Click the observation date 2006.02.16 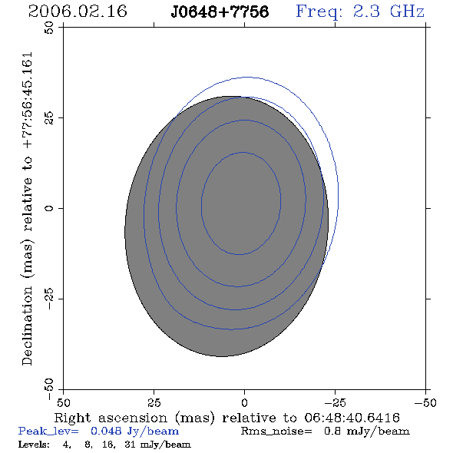click(78, 12)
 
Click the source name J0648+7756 click(220, 12)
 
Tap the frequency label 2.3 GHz click(389, 12)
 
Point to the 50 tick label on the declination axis click(49, 28)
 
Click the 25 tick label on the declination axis click(49, 118)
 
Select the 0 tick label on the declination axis click(49, 208)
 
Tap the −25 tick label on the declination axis click(49, 299)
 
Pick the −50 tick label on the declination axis click(49, 389)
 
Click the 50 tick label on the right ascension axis click(63, 403)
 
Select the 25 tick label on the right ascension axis click(154, 403)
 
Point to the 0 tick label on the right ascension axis click(244, 403)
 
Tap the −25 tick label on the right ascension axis click(335, 403)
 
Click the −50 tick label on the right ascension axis click(425, 403)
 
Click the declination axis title click(27, 209)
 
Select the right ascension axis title click(226, 418)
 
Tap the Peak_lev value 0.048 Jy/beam click(134, 432)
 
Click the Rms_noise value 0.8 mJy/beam click(366, 432)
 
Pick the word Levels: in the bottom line click(34, 445)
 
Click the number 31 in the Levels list click(130, 445)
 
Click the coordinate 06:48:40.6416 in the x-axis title click(352, 418)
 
